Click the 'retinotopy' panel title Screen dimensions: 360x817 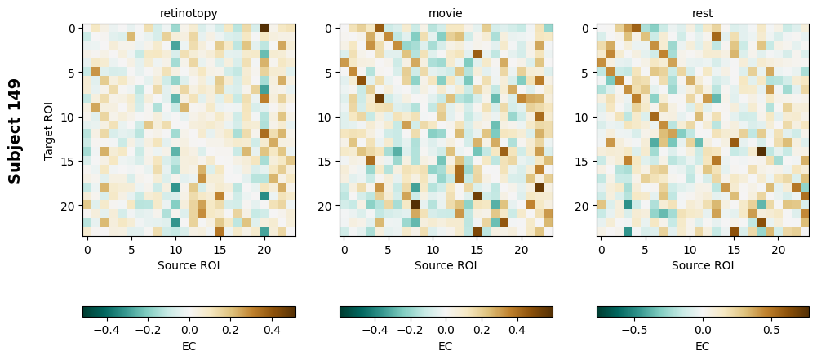point(189,13)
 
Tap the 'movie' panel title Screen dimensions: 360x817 point(446,13)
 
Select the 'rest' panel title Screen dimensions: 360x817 point(703,13)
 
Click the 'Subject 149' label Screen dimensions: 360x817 point(15,131)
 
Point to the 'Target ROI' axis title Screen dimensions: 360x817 point(50,131)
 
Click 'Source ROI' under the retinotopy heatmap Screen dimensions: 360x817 point(189,265)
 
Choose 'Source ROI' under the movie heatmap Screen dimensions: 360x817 point(446,265)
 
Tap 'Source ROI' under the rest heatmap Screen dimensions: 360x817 point(703,265)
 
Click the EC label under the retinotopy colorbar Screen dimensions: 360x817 point(189,346)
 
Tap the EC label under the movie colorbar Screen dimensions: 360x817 point(446,346)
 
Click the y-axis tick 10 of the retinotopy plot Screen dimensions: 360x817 point(69,117)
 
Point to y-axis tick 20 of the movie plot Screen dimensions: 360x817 point(326,206)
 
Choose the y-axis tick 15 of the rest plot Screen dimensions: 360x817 point(583,162)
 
